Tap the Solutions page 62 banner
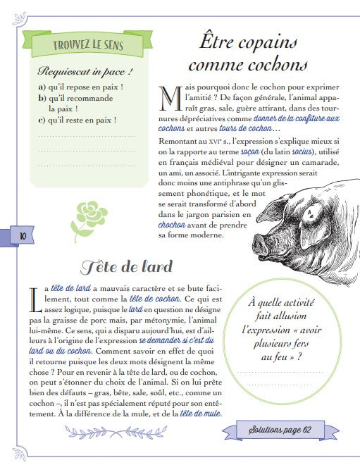[x=289, y=430]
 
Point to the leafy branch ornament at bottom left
[x=70, y=432]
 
